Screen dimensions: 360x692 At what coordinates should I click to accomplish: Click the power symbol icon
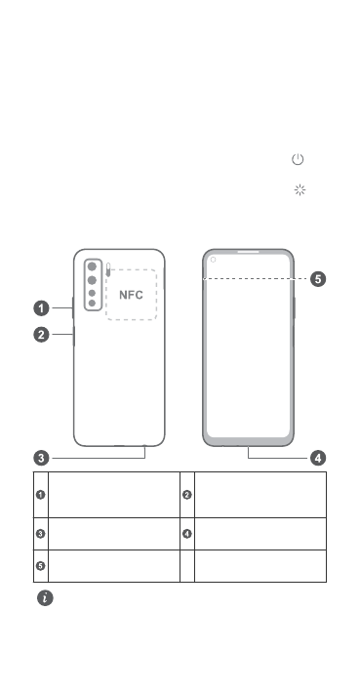298,159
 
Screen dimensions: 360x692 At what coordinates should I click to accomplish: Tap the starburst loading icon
300,190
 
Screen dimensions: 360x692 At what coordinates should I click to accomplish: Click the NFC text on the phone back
131,295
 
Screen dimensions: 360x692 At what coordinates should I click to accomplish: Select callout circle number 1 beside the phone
42,308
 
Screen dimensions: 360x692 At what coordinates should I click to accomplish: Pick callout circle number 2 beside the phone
42,335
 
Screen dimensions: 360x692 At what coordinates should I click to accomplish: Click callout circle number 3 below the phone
42,458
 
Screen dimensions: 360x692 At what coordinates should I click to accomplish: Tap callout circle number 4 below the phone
318,458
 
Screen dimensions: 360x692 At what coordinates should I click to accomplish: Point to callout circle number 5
318,279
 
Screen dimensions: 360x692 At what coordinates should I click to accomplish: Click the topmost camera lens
92,266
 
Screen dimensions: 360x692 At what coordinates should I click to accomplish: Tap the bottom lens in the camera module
92,303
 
